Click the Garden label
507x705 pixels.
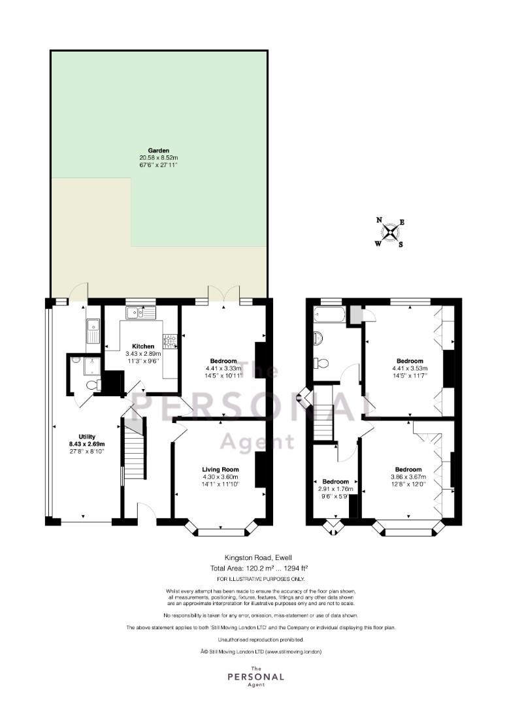[159, 150]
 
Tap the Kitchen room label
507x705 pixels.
[143, 346]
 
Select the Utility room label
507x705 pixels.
[87, 437]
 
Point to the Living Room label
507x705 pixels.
[220, 469]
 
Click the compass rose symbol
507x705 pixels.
[389, 232]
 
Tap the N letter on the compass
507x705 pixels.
[379, 220]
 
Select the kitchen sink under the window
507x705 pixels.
[141, 312]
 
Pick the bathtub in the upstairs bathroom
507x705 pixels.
[329, 314]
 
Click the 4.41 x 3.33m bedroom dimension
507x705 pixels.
[223, 368]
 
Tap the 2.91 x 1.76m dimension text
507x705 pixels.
[336, 489]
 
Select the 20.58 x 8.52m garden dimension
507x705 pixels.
[159, 158]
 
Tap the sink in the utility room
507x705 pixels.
[93, 330]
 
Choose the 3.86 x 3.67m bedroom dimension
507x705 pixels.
[409, 477]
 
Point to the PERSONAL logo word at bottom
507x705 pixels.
[255, 676]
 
